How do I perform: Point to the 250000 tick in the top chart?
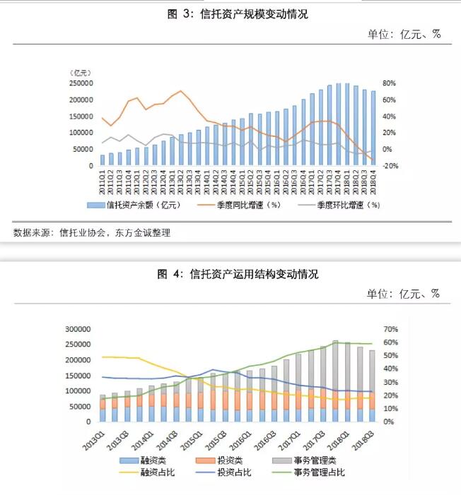81,83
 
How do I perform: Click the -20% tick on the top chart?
392,166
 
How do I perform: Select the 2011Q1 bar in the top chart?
103,160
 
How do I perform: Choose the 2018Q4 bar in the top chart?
373,129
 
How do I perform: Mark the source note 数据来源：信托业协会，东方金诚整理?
92,232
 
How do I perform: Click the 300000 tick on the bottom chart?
78,329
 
